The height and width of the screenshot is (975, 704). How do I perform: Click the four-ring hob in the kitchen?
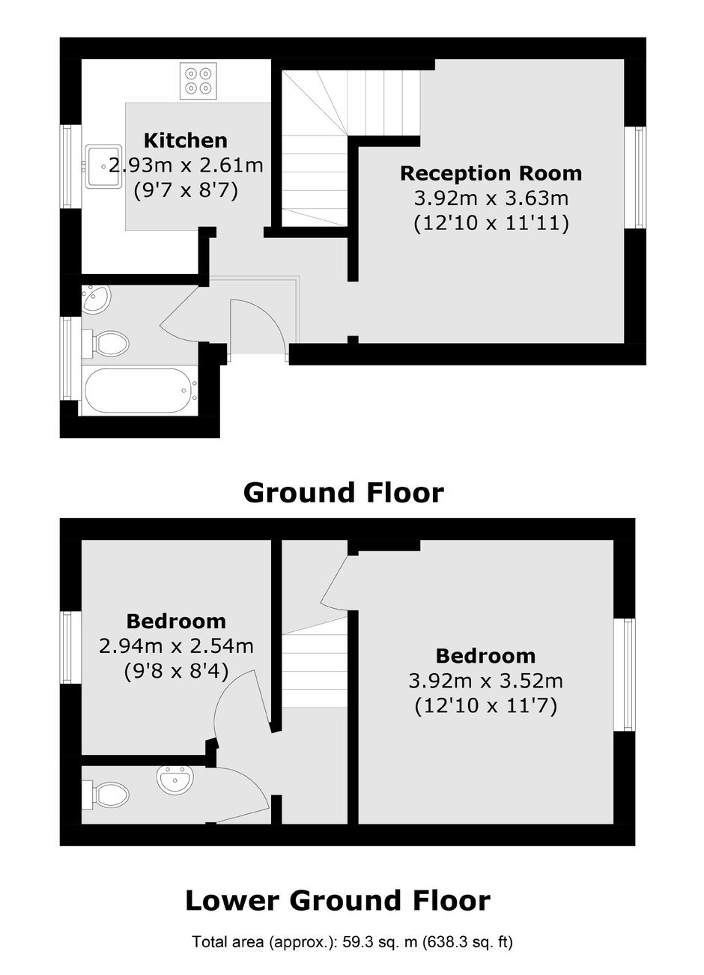pyautogui.click(x=198, y=81)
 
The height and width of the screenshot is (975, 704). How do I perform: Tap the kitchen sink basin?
pyautogui.click(x=103, y=165)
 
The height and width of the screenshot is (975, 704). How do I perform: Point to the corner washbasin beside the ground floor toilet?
pyautogui.click(x=96, y=297)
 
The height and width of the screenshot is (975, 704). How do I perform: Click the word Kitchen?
pyautogui.click(x=186, y=141)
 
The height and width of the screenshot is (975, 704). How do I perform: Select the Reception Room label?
pyautogui.click(x=491, y=173)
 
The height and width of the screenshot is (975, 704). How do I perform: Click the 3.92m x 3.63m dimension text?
pyautogui.click(x=491, y=198)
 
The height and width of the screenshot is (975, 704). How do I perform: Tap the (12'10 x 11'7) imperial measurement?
pyautogui.click(x=485, y=706)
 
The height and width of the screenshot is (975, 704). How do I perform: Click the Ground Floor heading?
pyautogui.click(x=344, y=493)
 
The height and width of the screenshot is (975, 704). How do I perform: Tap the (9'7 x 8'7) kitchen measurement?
pyautogui.click(x=186, y=191)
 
